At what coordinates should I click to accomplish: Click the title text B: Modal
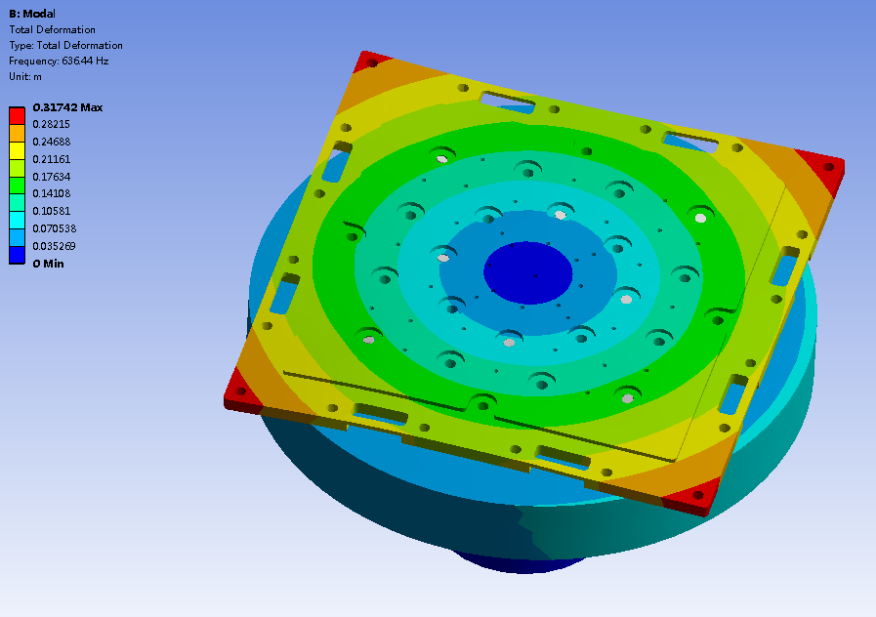[32, 14]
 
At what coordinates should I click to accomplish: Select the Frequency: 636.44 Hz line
[59, 61]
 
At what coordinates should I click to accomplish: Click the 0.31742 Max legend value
[67, 107]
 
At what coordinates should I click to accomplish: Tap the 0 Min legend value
[49, 264]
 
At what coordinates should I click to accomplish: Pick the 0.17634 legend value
[52, 177]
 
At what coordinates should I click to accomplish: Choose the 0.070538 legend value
[55, 228]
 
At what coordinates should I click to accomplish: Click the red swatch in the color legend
[17, 115]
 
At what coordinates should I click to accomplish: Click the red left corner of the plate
[239, 390]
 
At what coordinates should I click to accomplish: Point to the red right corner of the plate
[825, 167]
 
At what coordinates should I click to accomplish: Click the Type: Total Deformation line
[65, 45]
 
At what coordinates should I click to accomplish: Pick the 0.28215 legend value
[52, 125]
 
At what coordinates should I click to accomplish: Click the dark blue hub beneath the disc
[518, 563]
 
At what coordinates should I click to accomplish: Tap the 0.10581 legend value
[52, 211]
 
